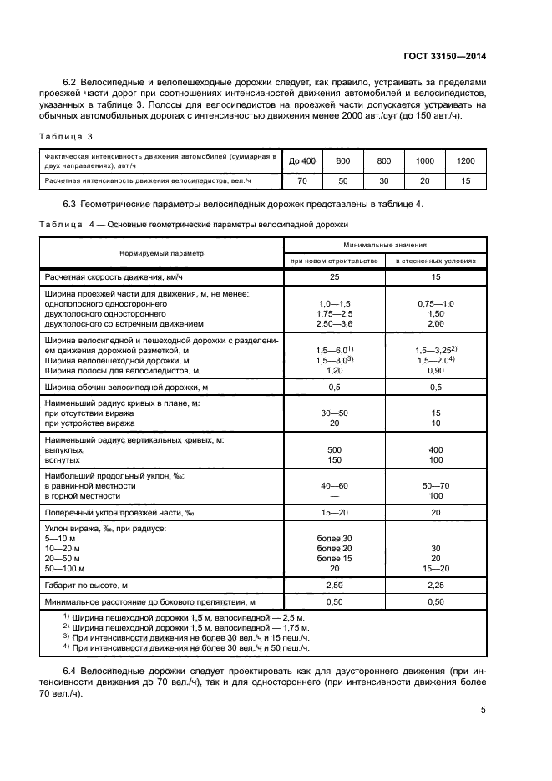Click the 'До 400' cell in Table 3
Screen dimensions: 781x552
coord(304,160)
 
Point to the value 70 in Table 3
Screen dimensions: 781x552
coord(304,180)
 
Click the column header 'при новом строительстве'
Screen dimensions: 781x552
coord(334,261)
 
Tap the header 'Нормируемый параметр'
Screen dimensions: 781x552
coord(161,252)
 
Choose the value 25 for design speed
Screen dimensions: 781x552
coord(334,276)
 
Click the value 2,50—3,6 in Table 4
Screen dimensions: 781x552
coord(334,323)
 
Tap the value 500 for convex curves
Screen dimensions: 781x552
coord(334,449)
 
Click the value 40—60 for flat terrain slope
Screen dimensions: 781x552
coord(334,484)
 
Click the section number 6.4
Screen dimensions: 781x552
coord(73,671)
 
